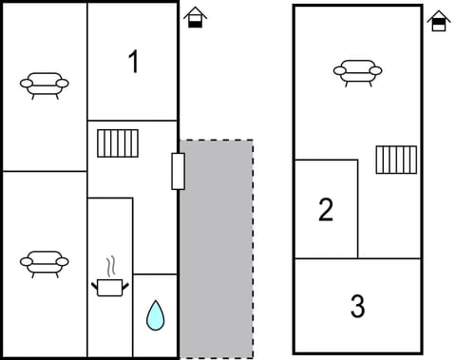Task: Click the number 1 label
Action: click(133, 62)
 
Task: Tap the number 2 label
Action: click(326, 210)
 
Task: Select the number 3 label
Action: click(357, 307)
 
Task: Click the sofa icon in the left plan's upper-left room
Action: click(45, 85)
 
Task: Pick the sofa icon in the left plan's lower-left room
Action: click(45, 262)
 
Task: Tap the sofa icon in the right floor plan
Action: click(357, 71)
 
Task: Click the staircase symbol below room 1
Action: click(118, 142)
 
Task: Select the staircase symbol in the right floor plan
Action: click(396, 160)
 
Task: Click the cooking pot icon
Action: click(109, 286)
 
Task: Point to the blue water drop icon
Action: click(155, 314)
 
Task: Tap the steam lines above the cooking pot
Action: click(111, 264)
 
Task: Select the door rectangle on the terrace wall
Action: click(178, 171)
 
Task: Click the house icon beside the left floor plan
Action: click(195, 17)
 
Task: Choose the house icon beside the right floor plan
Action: click(439, 21)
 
